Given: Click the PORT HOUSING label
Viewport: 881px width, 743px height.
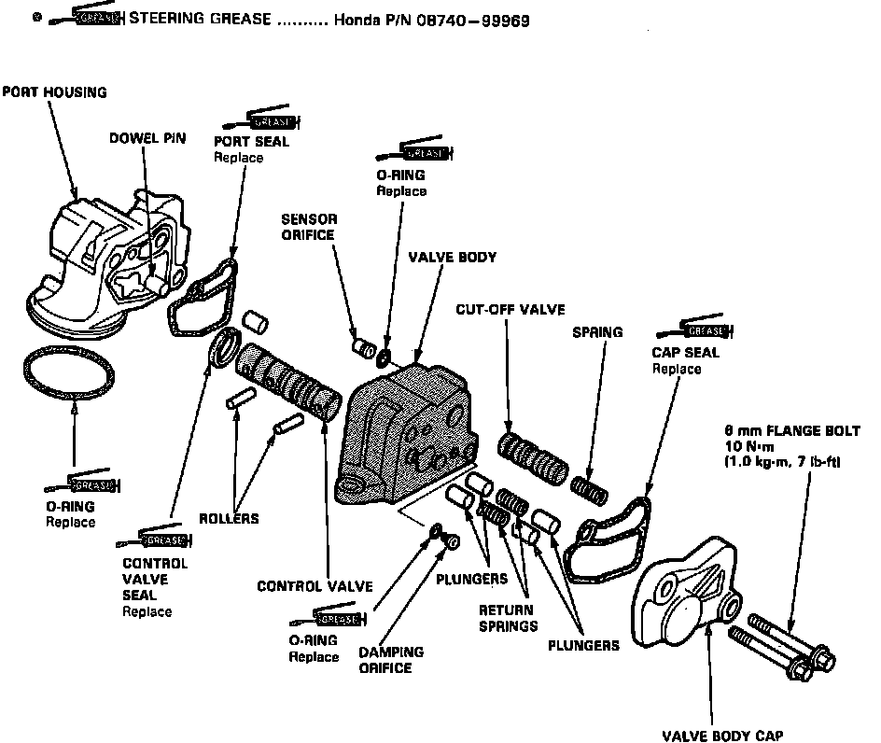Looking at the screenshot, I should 54,92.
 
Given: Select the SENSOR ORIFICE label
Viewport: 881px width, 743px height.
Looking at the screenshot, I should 308,227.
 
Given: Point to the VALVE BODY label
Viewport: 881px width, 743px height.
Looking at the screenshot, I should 453,257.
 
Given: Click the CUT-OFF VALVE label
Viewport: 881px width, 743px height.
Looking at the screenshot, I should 510,309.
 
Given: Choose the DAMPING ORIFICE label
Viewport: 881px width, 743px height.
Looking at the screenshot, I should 391,659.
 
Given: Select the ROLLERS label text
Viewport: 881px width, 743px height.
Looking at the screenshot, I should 229,518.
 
